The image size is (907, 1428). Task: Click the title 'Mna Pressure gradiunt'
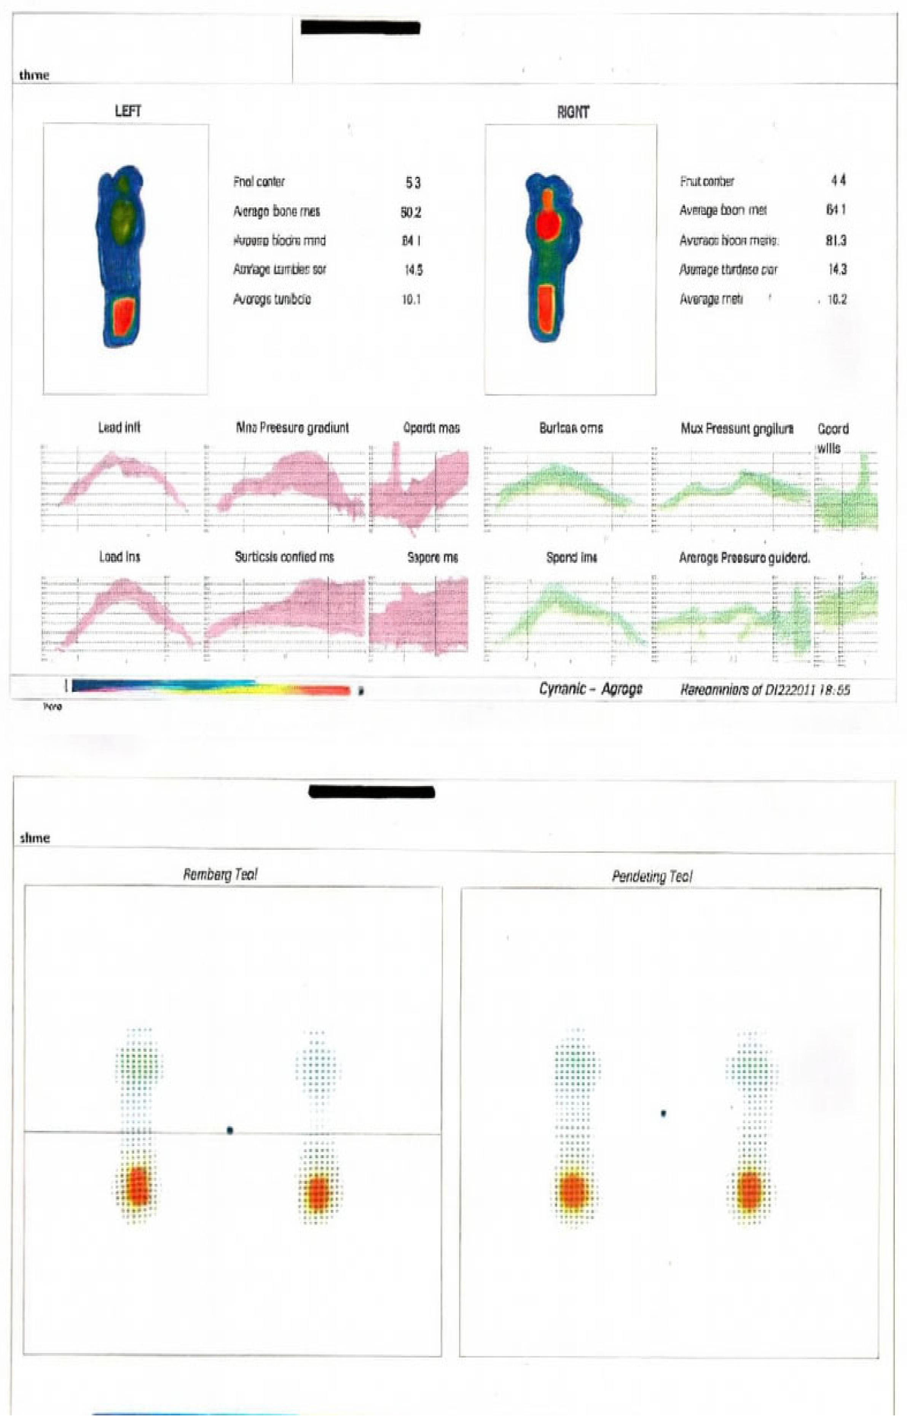coord(292,428)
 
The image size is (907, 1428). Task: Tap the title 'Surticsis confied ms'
coord(284,557)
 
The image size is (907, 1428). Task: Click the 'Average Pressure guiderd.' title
coord(744,558)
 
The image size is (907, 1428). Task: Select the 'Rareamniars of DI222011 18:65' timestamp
coord(765,690)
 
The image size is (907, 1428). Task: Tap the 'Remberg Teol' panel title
coord(220,874)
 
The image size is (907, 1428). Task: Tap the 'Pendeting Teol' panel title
coord(652,877)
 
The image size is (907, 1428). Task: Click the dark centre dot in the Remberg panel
coord(230,1130)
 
